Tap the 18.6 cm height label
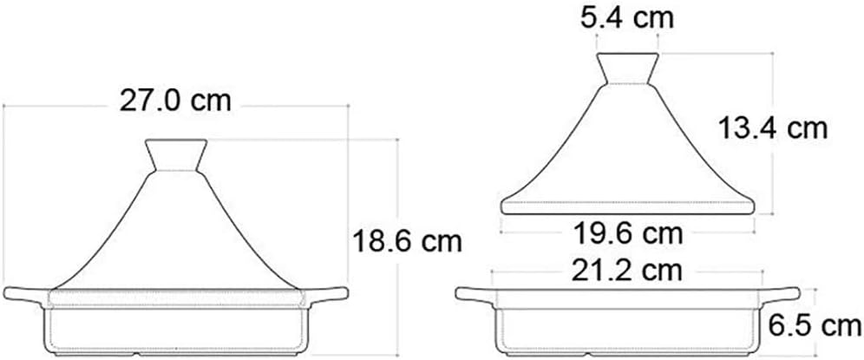click(x=404, y=239)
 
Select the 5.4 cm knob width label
click(x=627, y=16)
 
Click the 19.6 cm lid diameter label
click(x=628, y=232)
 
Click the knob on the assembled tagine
click(x=176, y=154)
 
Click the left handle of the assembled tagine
click(x=24, y=296)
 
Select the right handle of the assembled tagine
click(x=328, y=296)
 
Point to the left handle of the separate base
click(x=475, y=296)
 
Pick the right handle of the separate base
click(x=779, y=296)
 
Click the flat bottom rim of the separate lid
click(x=628, y=206)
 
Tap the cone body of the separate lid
click(x=627, y=147)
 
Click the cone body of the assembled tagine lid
click(x=176, y=234)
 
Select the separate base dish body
click(x=627, y=325)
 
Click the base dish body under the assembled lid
click(x=176, y=325)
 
